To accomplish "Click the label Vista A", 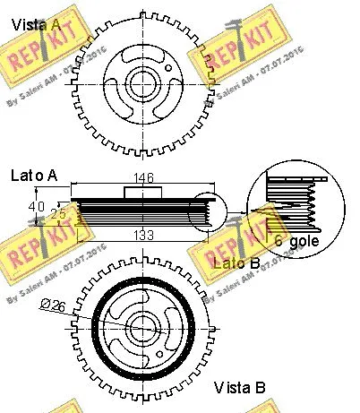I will [x=36, y=25].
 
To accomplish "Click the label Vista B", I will [x=240, y=388].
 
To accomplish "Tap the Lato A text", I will [x=33, y=176].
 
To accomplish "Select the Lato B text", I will [x=236, y=262].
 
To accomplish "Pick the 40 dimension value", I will [x=36, y=207].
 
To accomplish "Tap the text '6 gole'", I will [x=295, y=243].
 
